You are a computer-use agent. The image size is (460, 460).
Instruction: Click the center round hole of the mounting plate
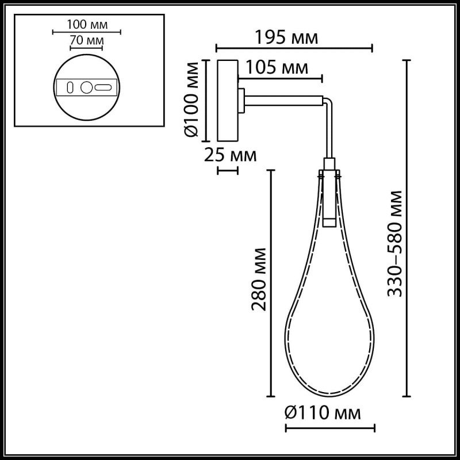[x=86, y=88]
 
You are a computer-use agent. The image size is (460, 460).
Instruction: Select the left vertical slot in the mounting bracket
[x=70, y=88]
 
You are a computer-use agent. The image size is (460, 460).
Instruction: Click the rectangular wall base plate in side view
[x=227, y=100]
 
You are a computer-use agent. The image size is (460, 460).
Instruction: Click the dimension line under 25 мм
[x=227, y=170]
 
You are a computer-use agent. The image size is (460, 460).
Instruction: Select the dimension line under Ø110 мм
[x=330, y=427]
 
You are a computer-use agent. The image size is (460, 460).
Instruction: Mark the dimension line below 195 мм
[x=294, y=48]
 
